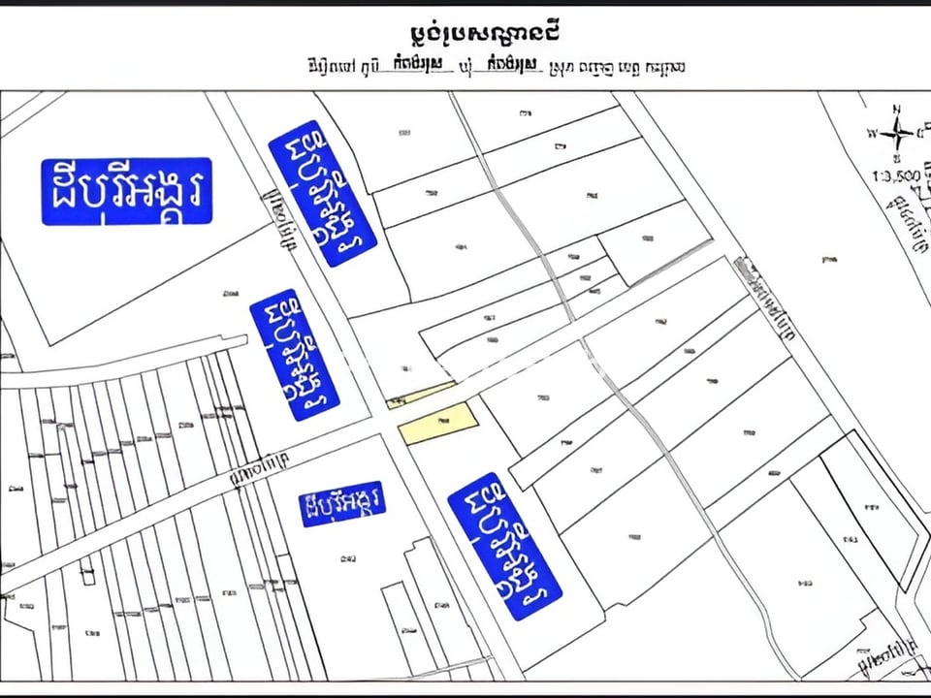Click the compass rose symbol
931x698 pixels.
pos(898,134)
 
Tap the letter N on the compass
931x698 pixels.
pos(898,109)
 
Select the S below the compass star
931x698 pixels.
pos(898,157)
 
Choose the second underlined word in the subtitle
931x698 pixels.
pos(509,66)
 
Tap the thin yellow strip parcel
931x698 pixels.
pos(421,395)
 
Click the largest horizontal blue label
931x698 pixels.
pos(126,191)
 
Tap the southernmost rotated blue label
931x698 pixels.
pos(504,546)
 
